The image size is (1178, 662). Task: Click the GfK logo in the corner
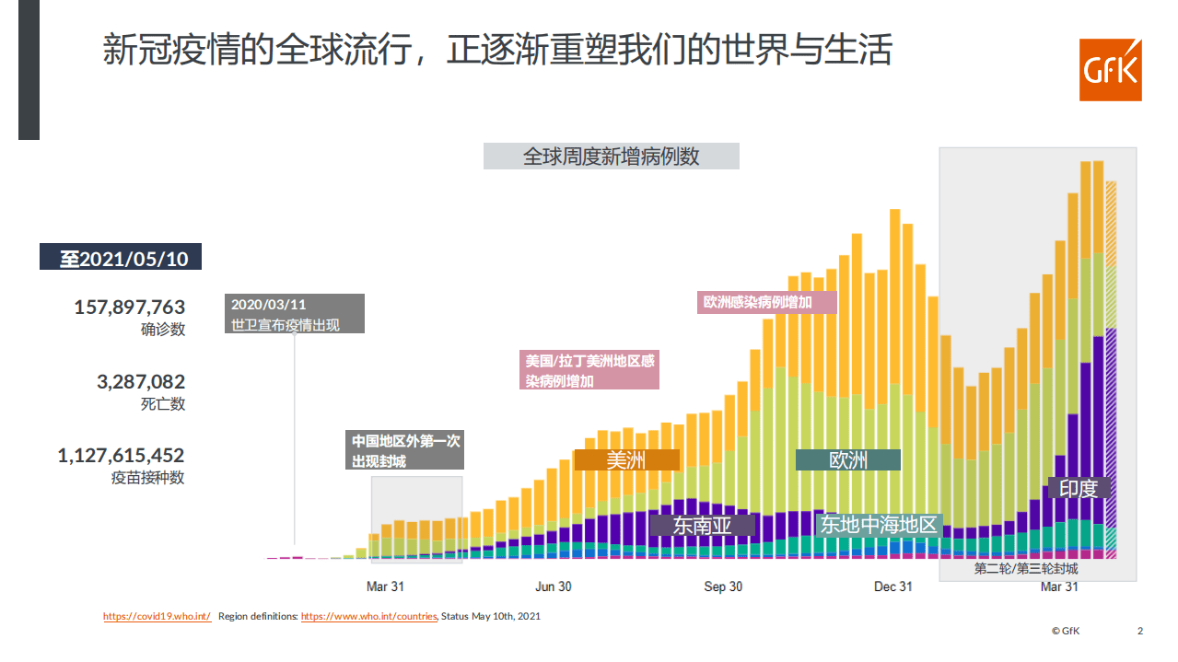tap(1110, 70)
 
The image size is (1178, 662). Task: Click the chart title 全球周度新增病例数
tap(611, 157)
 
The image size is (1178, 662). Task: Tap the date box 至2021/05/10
tap(121, 258)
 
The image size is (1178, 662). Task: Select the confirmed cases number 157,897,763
tap(130, 307)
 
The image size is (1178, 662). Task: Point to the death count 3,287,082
tap(141, 381)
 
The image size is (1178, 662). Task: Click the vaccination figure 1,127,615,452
tap(121, 455)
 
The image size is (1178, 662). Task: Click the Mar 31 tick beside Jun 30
tap(385, 587)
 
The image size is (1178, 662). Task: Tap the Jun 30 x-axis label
tap(553, 587)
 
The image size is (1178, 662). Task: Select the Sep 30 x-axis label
tap(723, 587)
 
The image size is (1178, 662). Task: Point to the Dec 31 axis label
tap(892, 587)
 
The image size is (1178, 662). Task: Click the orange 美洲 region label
tap(626, 459)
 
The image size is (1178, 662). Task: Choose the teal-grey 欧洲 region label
tap(847, 459)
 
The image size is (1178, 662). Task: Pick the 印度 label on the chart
tap(1079, 488)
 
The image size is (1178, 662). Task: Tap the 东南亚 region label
tap(702, 525)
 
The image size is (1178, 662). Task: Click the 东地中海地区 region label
tap(878, 525)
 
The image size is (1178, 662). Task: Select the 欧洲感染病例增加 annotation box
tap(767, 302)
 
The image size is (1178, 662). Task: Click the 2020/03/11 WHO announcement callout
tap(295, 313)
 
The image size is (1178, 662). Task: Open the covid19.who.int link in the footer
tap(157, 616)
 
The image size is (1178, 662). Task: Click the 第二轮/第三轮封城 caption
tap(1025, 569)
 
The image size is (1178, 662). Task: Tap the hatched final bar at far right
tap(1111, 368)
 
